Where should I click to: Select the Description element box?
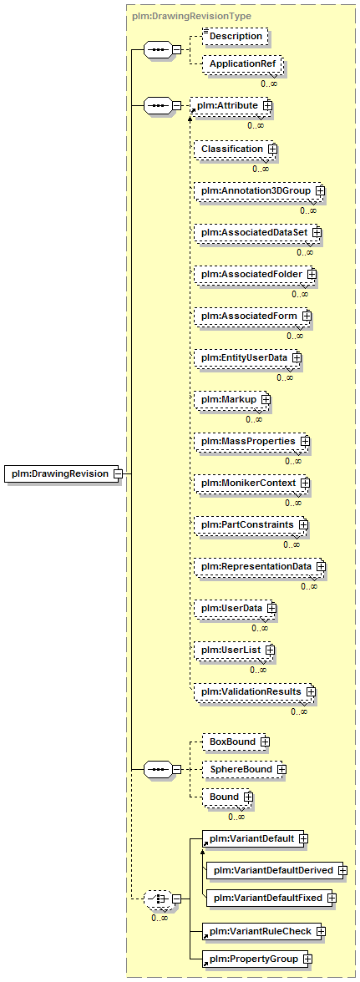click(236, 37)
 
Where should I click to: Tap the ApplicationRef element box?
click(242, 63)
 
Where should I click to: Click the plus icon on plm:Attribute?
click(267, 106)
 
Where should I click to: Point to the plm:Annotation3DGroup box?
click(259, 190)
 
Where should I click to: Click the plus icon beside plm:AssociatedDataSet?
click(317, 232)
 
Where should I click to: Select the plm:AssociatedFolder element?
click(255, 274)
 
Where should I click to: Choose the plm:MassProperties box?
click(251, 442)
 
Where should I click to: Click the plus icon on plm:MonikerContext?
click(305, 483)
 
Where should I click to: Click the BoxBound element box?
click(236, 742)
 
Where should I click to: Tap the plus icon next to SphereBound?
click(281, 769)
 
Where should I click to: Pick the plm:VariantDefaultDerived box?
click(277, 870)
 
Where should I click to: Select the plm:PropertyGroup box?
click(257, 959)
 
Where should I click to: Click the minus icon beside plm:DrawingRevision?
click(118, 474)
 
